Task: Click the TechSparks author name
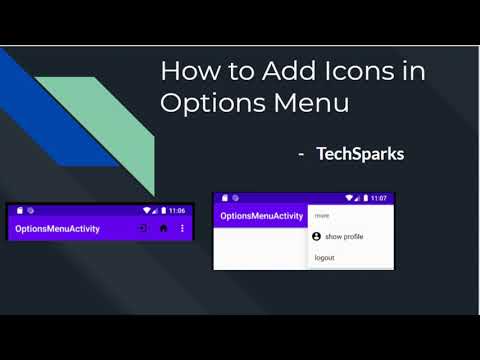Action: click(x=360, y=155)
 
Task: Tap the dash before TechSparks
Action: click(x=300, y=155)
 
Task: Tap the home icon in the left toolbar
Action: click(x=163, y=228)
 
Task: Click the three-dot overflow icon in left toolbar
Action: click(x=182, y=228)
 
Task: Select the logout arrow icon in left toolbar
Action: click(x=143, y=228)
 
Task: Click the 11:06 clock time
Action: click(x=176, y=211)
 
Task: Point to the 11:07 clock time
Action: click(x=379, y=198)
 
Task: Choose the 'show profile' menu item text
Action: click(x=344, y=237)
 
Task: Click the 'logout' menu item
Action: click(x=324, y=257)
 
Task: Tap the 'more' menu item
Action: click(x=322, y=215)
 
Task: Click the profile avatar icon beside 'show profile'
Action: click(x=317, y=237)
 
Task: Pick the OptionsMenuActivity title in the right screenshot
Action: click(x=261, y=215)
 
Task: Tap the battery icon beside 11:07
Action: click(x=364, y=198)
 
